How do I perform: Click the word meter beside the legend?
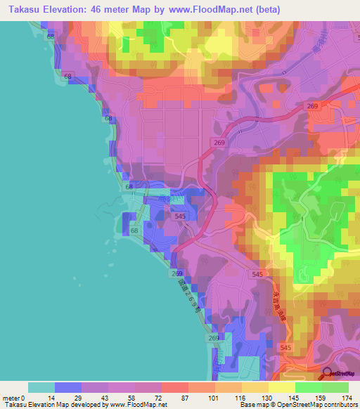pyautogui.click(x=11, y=398)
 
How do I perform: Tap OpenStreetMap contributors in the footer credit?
pyautogui.click(x=316, y=405)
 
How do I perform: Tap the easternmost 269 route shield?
pyautogui.click(x=313, y=106)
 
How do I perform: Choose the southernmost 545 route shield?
pyautogui.click(x=285, y=348)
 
